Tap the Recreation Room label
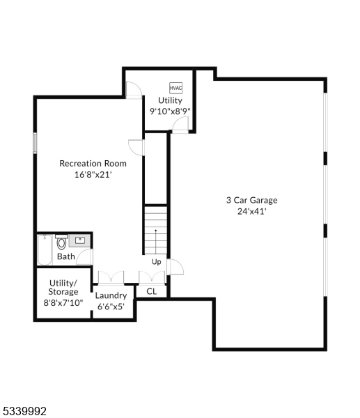(x=93, y=164)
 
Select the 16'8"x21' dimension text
(x=93, y=175)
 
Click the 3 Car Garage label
(x=251, y=200)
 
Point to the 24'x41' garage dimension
(x=251, y=211)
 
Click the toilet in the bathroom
(x=62, y=243)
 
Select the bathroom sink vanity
(x=81, y=240)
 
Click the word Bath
(x=66, y=256)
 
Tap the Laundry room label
(x=111, y=295)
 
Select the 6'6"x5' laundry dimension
(x=111, y=306)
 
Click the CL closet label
(x=152, y=292)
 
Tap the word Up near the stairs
(x=157, y=262)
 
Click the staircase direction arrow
(x=155, y=232)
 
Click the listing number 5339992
(x=24, y=412)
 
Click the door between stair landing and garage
(x=174, y=268)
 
